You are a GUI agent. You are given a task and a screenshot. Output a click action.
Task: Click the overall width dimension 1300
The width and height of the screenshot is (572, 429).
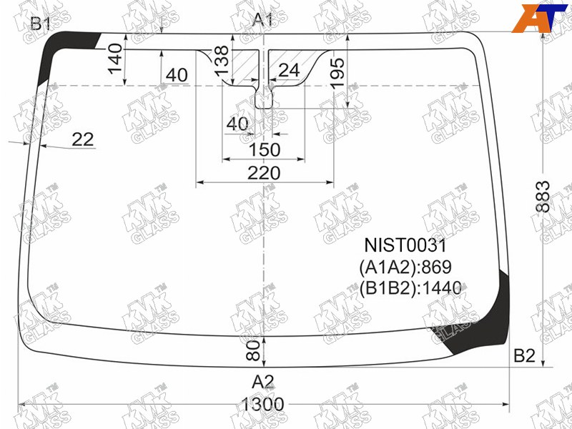262,404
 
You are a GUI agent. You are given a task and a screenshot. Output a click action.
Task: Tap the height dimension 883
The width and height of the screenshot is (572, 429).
543,196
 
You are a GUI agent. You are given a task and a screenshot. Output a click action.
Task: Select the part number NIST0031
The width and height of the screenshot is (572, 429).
405,245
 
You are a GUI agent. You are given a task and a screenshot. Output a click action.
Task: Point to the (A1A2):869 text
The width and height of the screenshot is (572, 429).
405,267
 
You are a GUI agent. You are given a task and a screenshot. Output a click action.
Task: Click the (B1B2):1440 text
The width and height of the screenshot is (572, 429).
410,288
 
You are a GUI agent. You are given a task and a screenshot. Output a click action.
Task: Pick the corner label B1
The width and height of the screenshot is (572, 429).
40,24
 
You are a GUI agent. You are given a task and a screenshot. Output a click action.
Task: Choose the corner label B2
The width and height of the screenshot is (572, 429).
524,355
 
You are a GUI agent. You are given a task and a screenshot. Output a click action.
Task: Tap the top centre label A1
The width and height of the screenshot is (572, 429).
262,20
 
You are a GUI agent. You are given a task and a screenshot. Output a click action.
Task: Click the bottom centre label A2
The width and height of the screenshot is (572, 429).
262,382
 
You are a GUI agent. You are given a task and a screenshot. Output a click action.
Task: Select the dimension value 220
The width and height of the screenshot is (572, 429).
264,173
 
